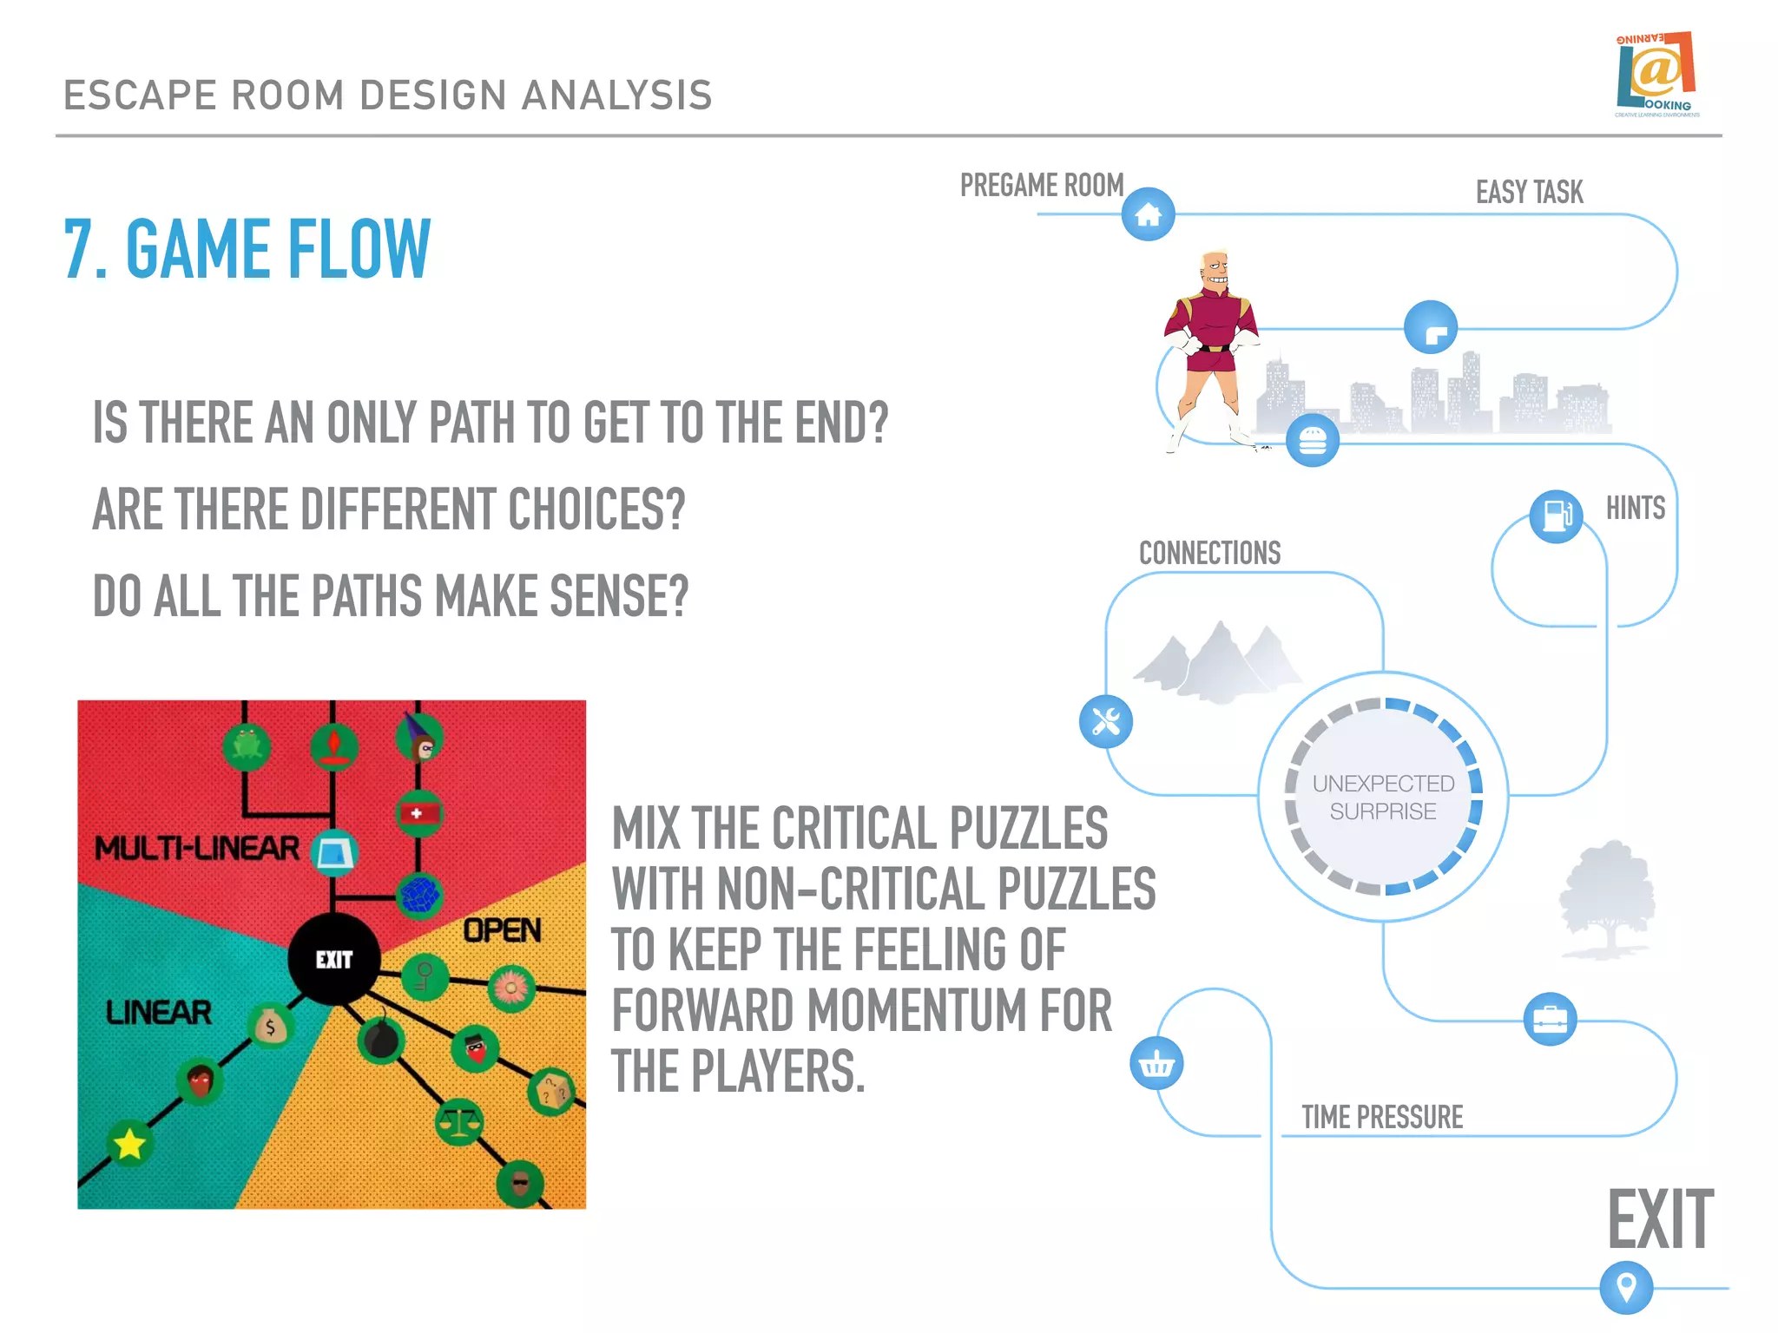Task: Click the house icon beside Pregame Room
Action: click(x=1148, y=214)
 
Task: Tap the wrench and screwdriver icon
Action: click(x=1105, y=721)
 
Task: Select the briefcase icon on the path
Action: click(x=1550, y=1019)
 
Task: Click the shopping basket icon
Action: click(x=1156, y=1063)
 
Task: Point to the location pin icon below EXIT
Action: click(x=1626, y=1287)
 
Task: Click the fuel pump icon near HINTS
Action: click(x=1556, y=515)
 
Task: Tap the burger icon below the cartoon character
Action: click(x=1312, y=441)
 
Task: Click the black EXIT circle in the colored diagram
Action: click(x=333, y=959)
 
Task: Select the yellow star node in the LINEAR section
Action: click(x=129, y=1143)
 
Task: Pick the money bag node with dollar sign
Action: click(x=271, y=1027)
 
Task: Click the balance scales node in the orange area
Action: click(x=459, y=1122)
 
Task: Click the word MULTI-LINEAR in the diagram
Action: click(x=196, y=848)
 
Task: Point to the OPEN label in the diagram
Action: click(x=502, y=930)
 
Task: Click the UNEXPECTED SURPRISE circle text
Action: click(x=1383, y=797)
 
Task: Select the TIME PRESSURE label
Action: click(x=1382, y=1117)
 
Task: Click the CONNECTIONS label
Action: click(x=1209, y=553)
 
